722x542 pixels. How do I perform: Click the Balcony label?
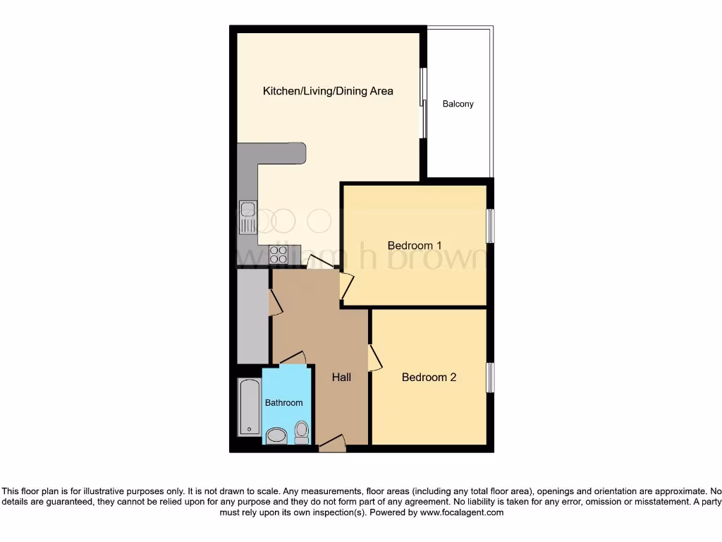point(458,104)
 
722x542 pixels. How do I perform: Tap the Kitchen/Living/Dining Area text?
point(328,91)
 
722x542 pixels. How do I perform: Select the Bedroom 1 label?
point(415,246)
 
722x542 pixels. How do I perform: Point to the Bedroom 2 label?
point(429,378)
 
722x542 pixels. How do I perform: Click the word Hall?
point(341,378)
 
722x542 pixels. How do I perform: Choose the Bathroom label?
point(283,403)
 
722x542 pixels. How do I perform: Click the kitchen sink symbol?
point(247,216)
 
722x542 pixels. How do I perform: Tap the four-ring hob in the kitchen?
point(278,254)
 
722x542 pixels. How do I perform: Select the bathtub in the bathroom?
point(249,407)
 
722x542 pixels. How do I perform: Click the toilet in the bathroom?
point(302,431)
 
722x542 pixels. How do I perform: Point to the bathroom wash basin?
point(276,435)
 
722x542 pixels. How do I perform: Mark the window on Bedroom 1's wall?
point(490,226)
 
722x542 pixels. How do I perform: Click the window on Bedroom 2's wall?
point(490,377)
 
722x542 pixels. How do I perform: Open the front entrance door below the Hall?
point(332,444)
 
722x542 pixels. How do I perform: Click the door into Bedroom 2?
point(374,358)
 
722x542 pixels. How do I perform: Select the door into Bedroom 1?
point(345,285)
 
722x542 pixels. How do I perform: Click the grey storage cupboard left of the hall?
point(252,316)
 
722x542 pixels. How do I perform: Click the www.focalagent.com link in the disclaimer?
point(462,513)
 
